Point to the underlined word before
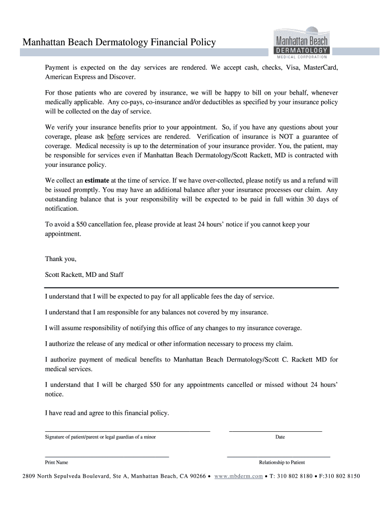click(x=115, y=136)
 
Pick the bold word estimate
click(x=97, y=180)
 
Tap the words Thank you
click(x=61, y=258)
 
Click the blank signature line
click(x=127, y=430)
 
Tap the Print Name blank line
click(x=107, y=456)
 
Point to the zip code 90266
click(x=196, y=476)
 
